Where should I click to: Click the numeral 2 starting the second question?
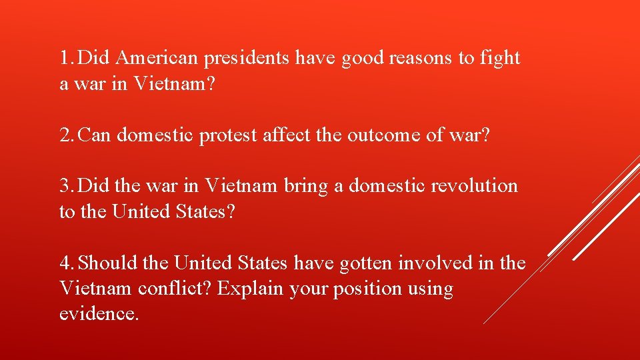[65, 135]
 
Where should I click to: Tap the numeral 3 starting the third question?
[65, 185]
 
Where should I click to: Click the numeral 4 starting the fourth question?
[65, 263]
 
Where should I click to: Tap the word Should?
[108, 263]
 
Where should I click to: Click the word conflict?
[175, 289]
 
